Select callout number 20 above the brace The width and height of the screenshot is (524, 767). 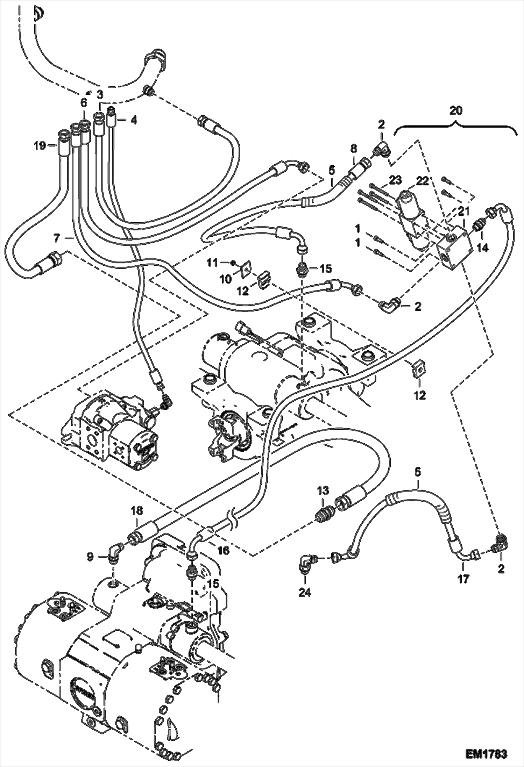click(456, 110)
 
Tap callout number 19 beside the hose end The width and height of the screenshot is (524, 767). click(40, 145)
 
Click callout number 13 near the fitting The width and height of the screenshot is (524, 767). click(323, 490)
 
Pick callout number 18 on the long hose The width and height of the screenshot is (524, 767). click(137, 511)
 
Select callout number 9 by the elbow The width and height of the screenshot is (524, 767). click(91, 557)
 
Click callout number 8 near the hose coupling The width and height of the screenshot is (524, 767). click(354, 149)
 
